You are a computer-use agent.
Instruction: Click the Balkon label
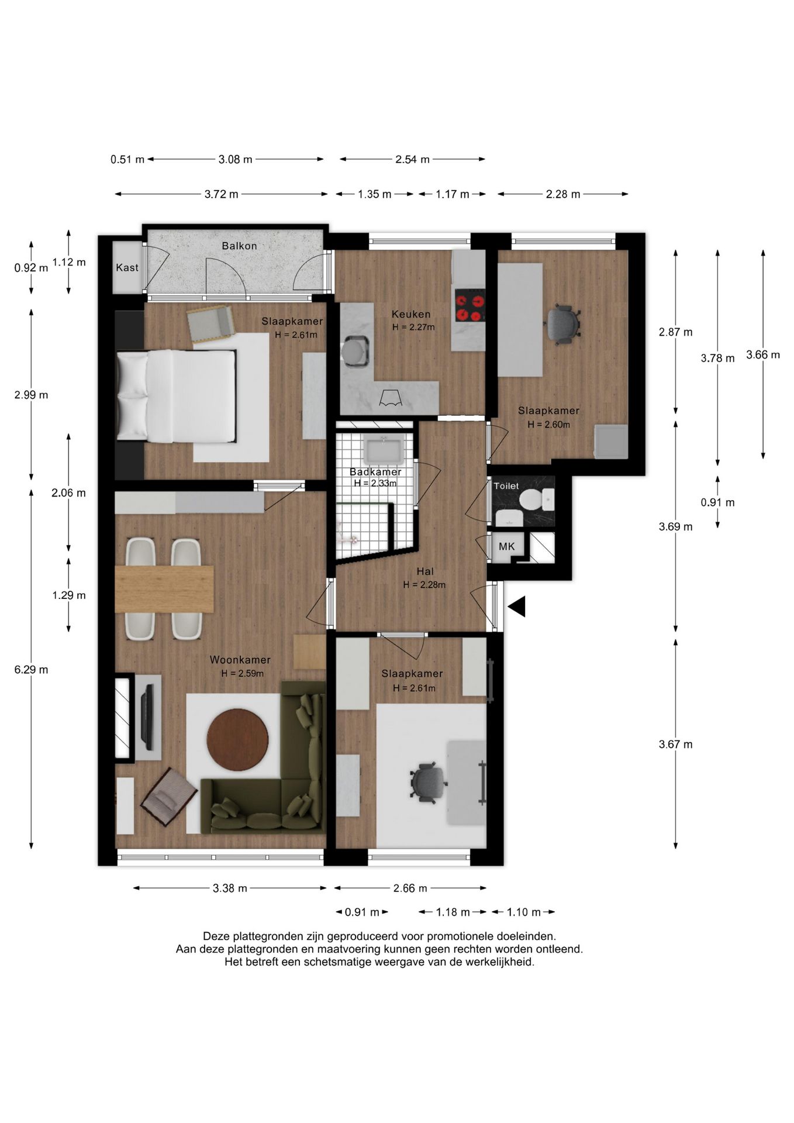click(239, 246)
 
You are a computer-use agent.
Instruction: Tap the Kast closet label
click(127, 267)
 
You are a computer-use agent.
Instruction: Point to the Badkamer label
click(375, 471)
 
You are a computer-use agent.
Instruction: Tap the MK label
click(506, 546)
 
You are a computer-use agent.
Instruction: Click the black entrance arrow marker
click(517, 607)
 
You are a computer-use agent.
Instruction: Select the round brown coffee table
click(237, 740)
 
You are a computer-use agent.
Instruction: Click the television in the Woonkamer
click(148, 717)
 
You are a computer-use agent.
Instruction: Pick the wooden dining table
click(164, 589)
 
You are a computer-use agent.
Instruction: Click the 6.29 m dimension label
click(31, 670)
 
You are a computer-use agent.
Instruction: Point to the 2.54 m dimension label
click(412, 159)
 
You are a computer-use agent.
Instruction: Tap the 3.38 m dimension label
click(230, 888)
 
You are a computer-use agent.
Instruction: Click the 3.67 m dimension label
click(675, 744)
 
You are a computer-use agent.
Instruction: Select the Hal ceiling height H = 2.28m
click(424, 584)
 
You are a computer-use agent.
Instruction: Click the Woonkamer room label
click(240, 660)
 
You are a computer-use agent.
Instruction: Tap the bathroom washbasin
click(384, 450)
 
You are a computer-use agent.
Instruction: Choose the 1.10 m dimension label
click(524, 912)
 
